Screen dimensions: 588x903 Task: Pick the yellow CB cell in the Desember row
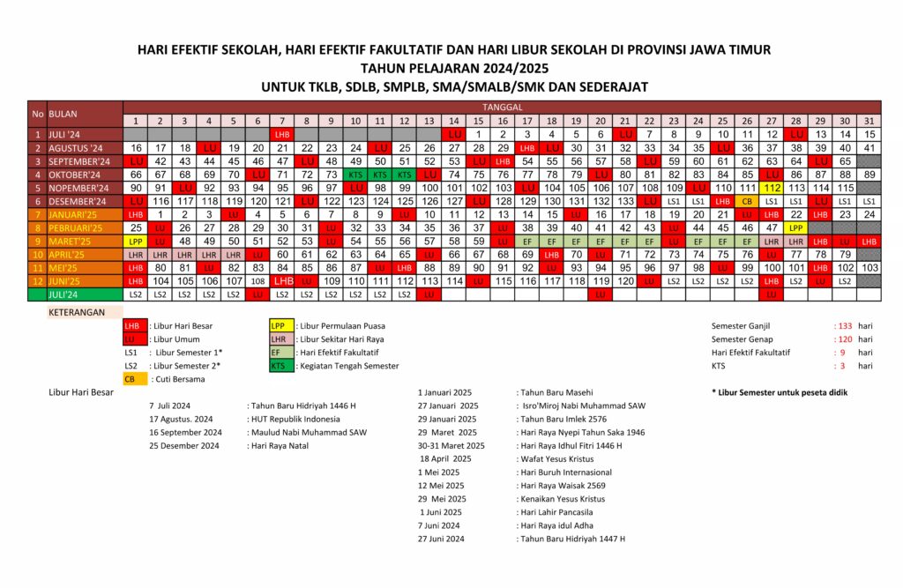[747, 201]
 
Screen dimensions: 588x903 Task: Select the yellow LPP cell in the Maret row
[136, 241]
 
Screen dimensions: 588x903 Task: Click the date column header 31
[869, 120]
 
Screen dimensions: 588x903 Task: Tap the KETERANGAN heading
[76, 312]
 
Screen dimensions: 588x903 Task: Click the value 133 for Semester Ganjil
[845, 325]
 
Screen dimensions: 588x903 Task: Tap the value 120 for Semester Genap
[845, 339]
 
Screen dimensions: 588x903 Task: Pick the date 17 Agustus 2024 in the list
[182, 419]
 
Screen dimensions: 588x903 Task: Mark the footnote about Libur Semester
[779, 391]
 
